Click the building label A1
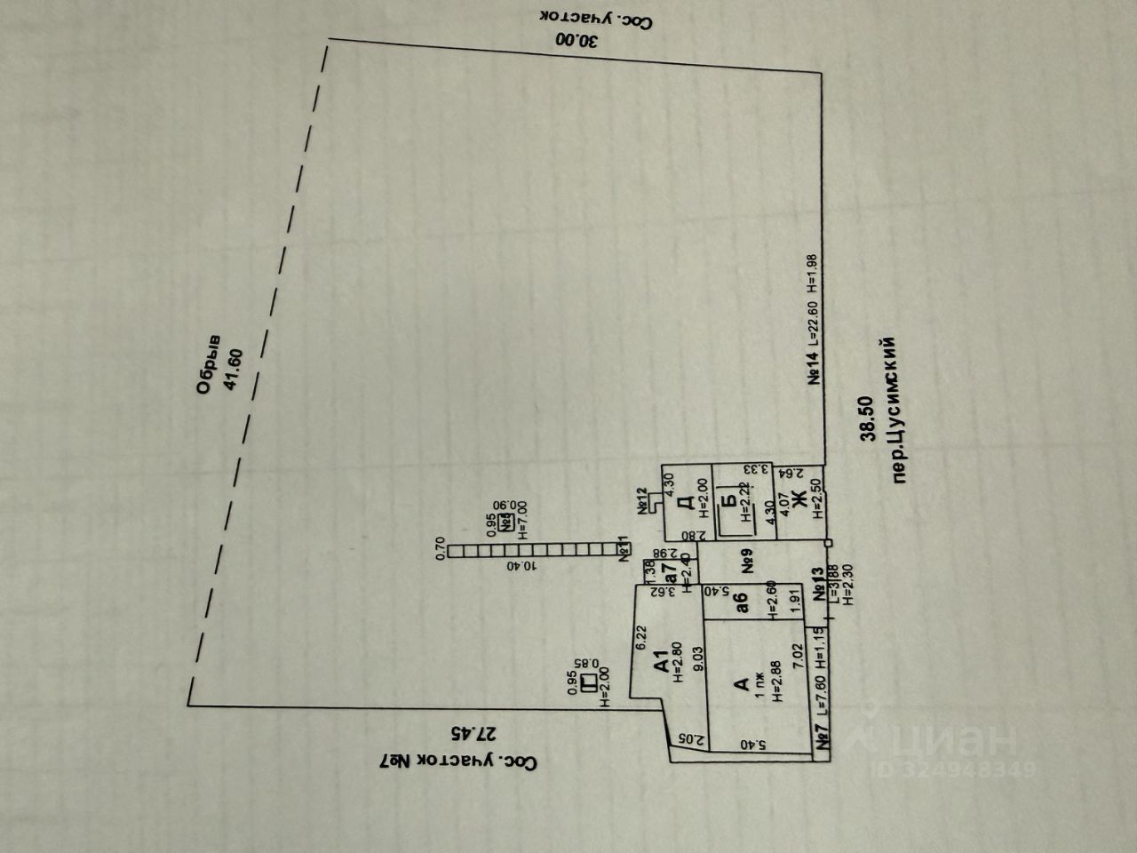pos(660,664)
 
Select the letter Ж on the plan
pos(797,499)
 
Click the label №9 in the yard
pos(747,562)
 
